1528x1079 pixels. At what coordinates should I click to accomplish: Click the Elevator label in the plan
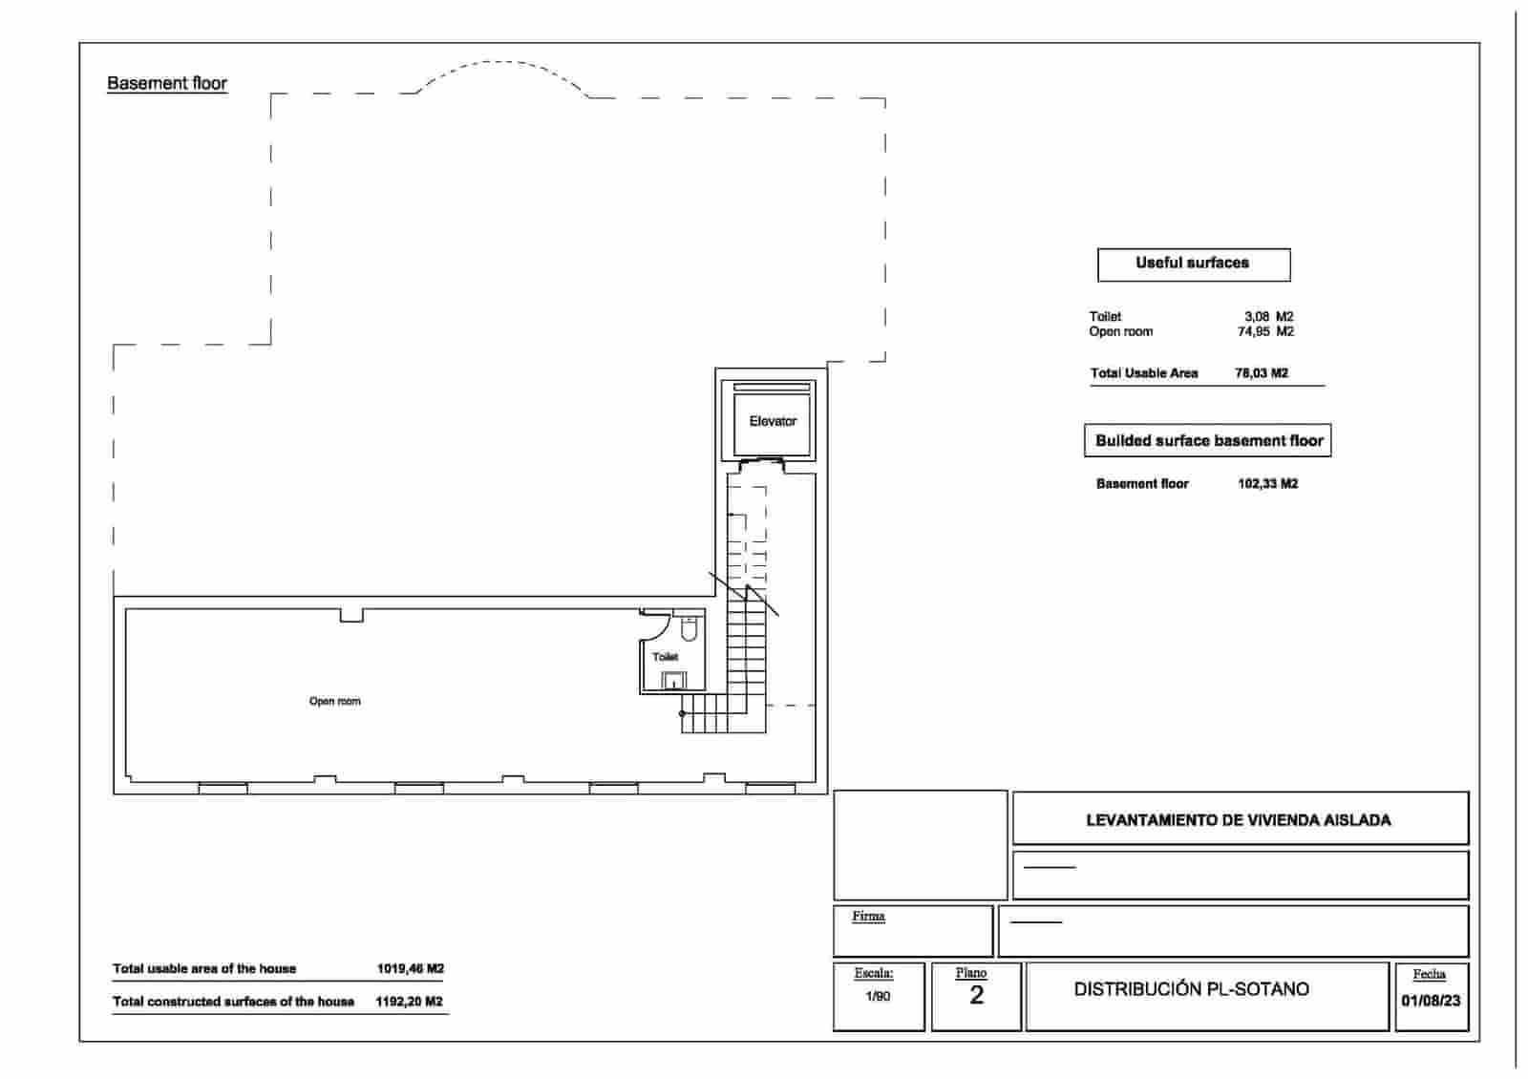coord(773,421)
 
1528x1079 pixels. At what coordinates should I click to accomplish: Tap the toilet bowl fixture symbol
coord(689,629)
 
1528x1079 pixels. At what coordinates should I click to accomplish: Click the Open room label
coord(334,701)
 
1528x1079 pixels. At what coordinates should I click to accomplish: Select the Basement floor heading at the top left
coord(167,83)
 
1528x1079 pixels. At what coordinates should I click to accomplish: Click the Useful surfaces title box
coord(1193,264)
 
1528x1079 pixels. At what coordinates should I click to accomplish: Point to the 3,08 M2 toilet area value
coord(1268,316)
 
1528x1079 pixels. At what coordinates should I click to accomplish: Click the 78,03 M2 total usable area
coord(1261,373)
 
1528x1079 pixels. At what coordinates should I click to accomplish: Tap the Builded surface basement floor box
coord(1208,441)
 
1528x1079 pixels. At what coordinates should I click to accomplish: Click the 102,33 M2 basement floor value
coord(1267,484)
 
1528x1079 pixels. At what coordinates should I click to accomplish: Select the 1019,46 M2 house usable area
coord(410,968)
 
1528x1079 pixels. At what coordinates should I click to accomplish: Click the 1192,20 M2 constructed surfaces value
coord(409,1002)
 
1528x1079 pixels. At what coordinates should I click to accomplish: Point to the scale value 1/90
coord(877,996)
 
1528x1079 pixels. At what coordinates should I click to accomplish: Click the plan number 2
coord(976,996)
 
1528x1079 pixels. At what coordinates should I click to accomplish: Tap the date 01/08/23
coord(1430,1001)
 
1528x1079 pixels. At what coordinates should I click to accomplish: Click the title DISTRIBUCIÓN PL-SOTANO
coord(1191,989)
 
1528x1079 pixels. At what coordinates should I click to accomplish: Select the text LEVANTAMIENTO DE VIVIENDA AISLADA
coord(1238,820)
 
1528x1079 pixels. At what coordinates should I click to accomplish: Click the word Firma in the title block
coord(868,916)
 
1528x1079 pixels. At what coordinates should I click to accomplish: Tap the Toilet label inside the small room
coord(665,657)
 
